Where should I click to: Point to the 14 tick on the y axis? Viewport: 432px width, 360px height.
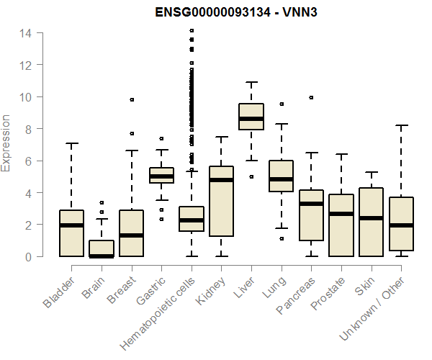(25, 33)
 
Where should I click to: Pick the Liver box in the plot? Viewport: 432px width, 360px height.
(251, 117)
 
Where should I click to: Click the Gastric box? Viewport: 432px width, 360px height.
(161, 176)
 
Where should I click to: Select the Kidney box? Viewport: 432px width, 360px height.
(221, 201)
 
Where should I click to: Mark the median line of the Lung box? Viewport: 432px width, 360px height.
(281, 179)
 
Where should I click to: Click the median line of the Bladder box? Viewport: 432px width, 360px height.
(71, 225)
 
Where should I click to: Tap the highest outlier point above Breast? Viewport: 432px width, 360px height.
(132, 99)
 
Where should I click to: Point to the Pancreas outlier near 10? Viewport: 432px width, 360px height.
(311, 97)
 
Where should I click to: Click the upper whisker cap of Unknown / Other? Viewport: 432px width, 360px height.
(401, 125)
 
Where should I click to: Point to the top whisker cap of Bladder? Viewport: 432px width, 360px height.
(71, 143)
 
